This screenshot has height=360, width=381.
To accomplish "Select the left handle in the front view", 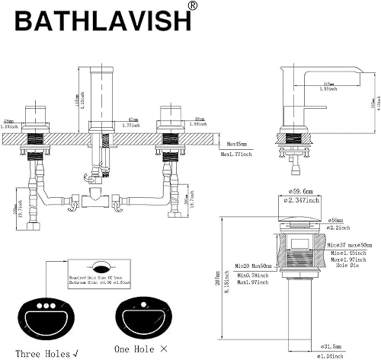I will [x=37, y=117].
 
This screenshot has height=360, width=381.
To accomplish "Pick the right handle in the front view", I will [x=169, y=117].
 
